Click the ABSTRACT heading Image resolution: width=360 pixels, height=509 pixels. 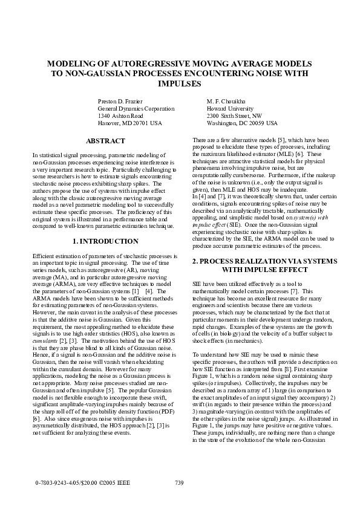(x=106, y=141)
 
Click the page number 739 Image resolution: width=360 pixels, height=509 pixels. (x=178, y=482)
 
